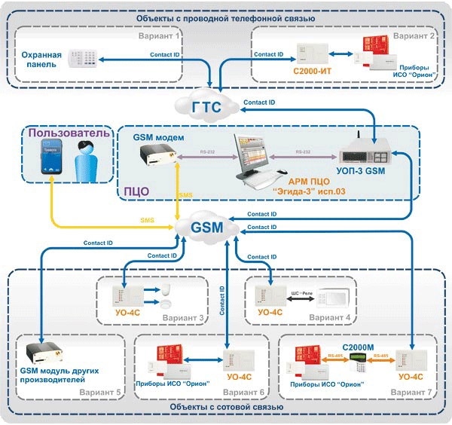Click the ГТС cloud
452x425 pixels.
click(x=206, y=107)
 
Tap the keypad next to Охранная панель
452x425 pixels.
click(x=84, y=59)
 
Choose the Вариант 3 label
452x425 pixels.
click(x=182, y=318)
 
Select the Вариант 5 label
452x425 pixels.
click(x=102, y=393)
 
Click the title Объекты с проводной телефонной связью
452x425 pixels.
click(x=227, y=17)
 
